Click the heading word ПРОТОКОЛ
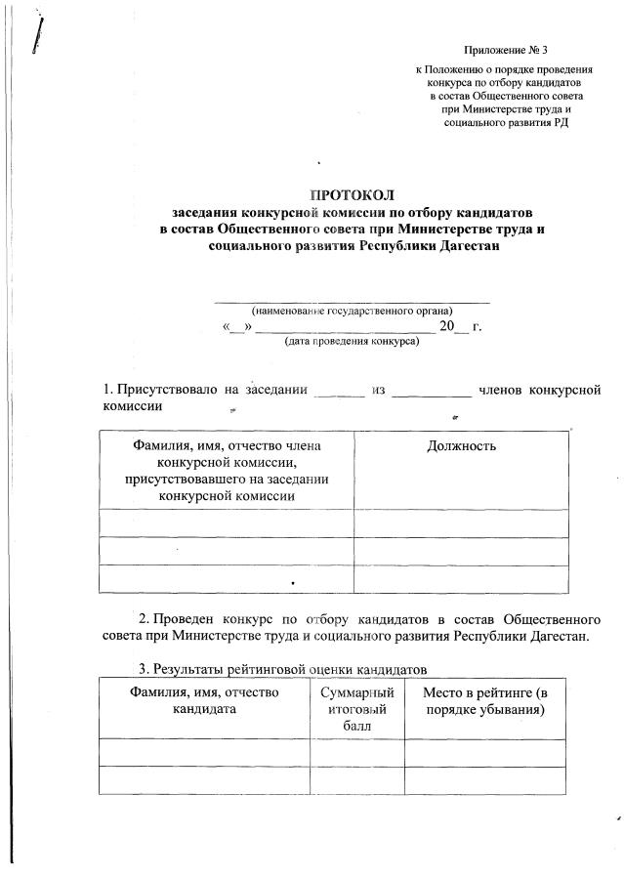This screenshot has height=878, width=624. click(x=352, y=194)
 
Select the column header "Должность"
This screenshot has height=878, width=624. click(x=461, y=446)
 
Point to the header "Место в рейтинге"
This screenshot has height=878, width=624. click(x=485, y=700)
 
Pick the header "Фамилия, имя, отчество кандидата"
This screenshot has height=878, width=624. click(x=204, y=700)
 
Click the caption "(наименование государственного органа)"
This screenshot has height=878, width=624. click(x=352, y=312)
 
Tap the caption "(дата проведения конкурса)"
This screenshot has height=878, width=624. click(x=352, y=342)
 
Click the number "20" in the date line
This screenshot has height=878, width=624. click(x=447, y=326)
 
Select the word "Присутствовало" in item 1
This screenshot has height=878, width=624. click(x=168, y=391)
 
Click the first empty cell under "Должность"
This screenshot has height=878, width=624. click(x=461, y=523)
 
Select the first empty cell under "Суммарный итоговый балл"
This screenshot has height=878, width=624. click(x=356, y=753)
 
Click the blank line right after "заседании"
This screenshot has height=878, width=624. click(x=339, y=393)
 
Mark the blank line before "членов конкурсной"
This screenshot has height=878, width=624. click(x=431, y=393)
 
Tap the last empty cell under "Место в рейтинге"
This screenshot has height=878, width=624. click(x=485, y=781)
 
